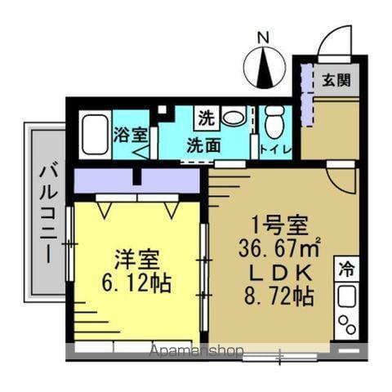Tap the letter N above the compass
(x=263, y=37)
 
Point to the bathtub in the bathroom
(x=95, y=135)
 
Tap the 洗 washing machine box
(x=204, y=118)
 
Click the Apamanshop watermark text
(x=197, y=352)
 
